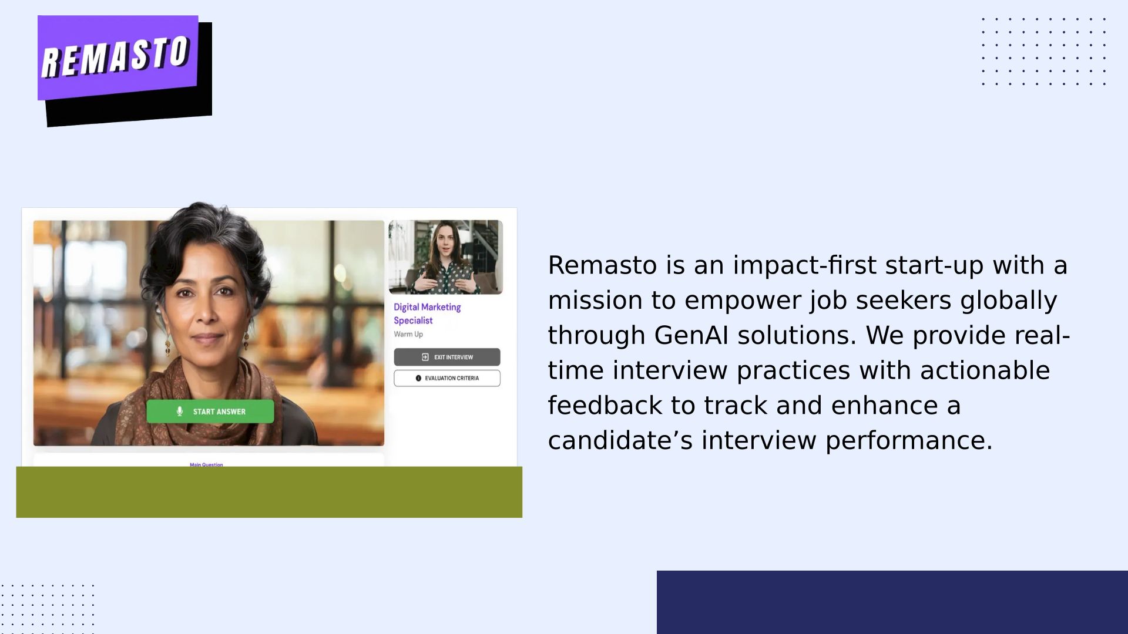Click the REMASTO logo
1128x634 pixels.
[125, 70]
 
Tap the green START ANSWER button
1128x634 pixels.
[210, 412]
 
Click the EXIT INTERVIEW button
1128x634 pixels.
[447, 357]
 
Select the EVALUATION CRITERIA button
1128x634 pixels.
[447, 378]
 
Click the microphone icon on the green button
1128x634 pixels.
[180, 412]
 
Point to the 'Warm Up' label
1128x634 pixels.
[408, 334]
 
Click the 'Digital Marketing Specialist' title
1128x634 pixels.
[427, 313]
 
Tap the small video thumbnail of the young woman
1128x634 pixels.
[445, 257]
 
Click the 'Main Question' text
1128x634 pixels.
[206, 464]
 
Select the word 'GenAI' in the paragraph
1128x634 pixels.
[691, 335]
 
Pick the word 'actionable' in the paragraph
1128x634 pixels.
[985, 370]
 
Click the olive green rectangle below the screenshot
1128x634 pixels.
[269, 492]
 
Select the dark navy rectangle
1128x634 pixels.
[892, 602]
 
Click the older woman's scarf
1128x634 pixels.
[194, 399]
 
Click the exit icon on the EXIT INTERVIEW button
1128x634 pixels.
[425, 357]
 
